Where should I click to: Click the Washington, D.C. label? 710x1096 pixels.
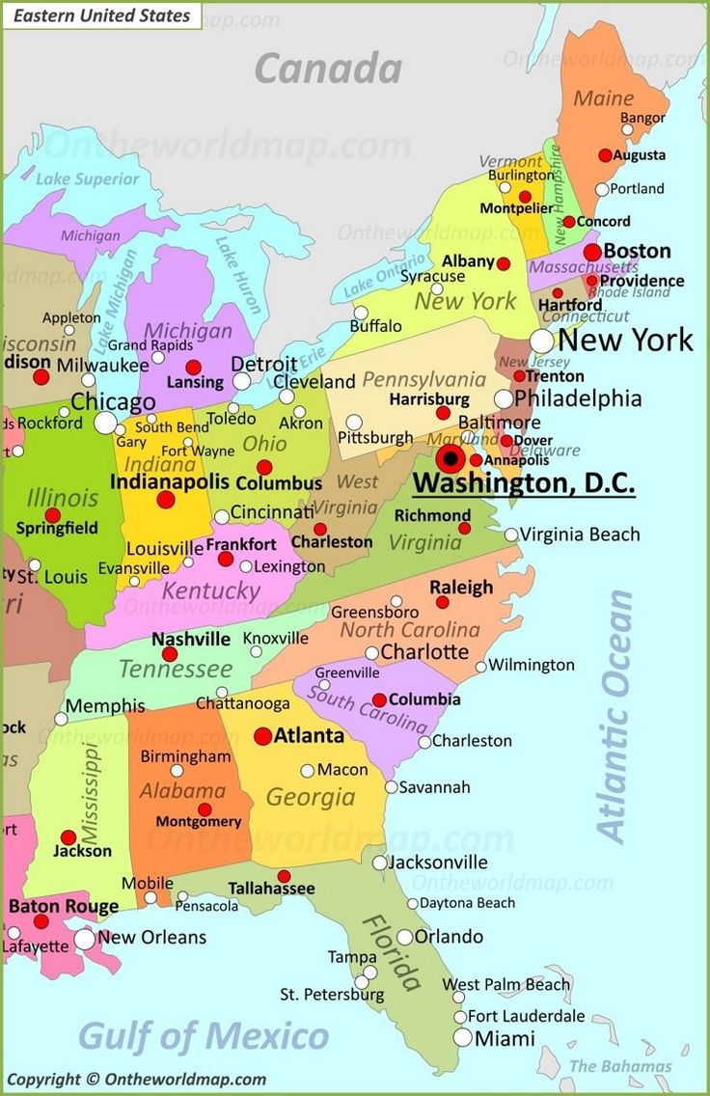(x=524, y=481)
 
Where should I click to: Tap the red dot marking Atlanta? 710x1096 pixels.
(x=262, y=736)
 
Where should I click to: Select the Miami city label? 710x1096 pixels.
(x=505, y=1039)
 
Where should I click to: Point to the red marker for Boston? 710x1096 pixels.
(x=592, y=253)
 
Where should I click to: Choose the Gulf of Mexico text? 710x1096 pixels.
(x=204, y=1036)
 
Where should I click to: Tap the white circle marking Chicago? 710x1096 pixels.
(x=105, y=423)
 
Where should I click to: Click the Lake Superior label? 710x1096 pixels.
(x=88, y=178)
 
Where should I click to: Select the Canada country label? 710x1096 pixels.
(x=328, y=68)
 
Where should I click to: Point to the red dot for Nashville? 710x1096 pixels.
(x=170, y=654)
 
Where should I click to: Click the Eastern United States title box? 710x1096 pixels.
(x=101, y=15)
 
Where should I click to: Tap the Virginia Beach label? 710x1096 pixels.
(x=580, y=534)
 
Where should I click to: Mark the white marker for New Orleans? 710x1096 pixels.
(x=85, y=939)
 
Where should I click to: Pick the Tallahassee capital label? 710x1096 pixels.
(x=271, y=888)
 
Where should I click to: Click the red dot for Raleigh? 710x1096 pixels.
(x=442, y=602)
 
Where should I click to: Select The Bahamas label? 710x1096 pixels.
(x=620, y=1066)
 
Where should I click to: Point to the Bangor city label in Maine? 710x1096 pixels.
(x=642, y=118)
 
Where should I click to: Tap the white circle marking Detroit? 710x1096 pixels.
(x=241, y=381)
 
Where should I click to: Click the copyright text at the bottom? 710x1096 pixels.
(x=136, y=1080)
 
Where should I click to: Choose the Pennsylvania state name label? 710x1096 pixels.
(x=423, y=379)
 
